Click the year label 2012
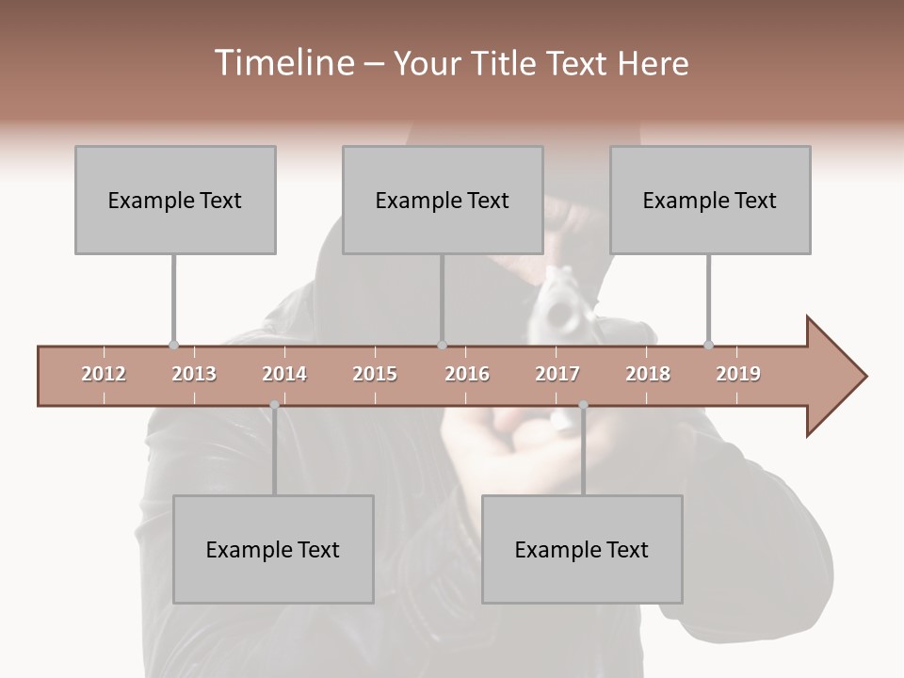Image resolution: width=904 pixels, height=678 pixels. (104, 374)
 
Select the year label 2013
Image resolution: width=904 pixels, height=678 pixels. (194, 374)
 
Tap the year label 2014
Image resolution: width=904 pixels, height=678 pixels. (284, 374)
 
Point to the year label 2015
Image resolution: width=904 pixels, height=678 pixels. (375, 374)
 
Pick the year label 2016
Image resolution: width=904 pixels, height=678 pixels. (467, 374)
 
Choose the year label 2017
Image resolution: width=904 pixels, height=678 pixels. (557, 374)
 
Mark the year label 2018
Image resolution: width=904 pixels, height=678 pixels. (648, 374)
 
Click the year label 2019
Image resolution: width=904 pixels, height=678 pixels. (738, 374)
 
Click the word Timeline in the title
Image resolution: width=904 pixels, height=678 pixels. (282, 63)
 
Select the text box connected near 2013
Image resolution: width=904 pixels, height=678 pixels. (175, 200)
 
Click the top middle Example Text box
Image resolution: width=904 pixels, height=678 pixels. (443, 200)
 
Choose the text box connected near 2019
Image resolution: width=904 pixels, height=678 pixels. (710, 200)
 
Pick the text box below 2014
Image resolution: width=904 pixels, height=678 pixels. (273, 549)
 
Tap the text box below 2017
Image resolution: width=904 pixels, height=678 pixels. (582, 549)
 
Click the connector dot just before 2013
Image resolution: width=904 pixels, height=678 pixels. (173, 346)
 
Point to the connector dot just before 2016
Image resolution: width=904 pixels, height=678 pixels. (442, 346)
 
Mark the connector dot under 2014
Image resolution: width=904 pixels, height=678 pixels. (274, 405)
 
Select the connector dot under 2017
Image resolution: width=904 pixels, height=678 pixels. (583, 405)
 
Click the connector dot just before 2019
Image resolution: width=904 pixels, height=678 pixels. (708, 346)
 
